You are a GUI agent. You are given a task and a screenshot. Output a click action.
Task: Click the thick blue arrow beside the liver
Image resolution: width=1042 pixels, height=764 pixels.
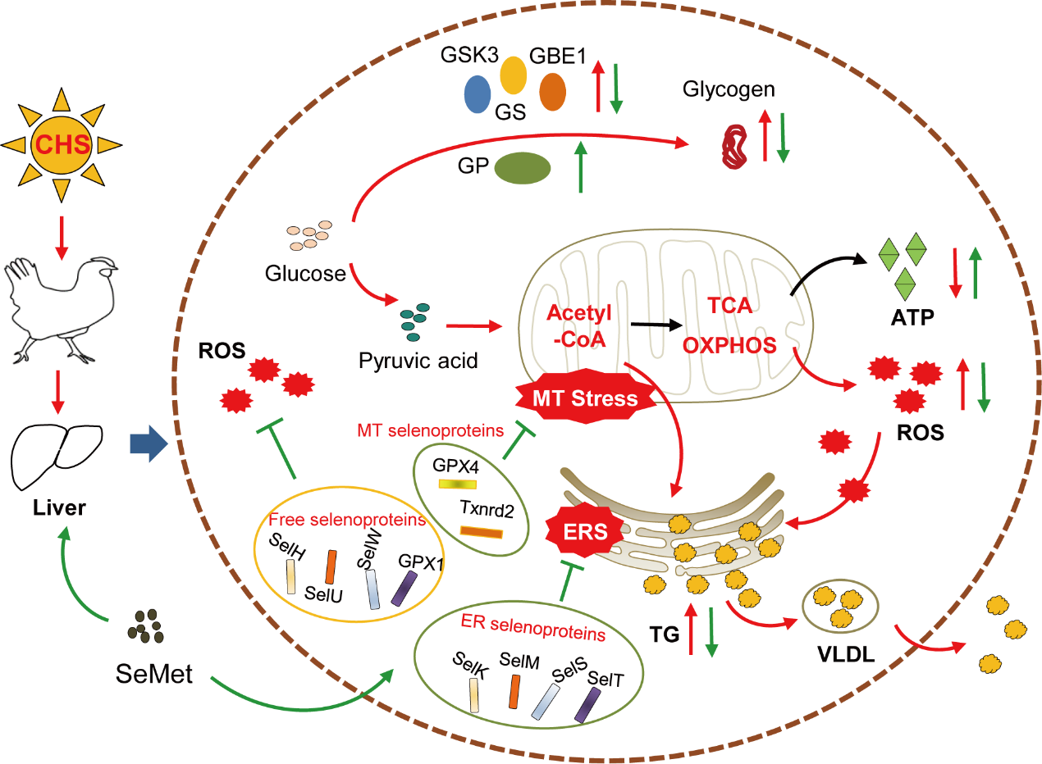click(149, 444)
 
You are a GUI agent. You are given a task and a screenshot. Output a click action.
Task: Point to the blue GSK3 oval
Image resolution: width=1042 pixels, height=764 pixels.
click(477, 93)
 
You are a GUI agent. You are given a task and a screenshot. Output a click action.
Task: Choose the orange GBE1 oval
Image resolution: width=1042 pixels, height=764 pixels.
click(552, 91)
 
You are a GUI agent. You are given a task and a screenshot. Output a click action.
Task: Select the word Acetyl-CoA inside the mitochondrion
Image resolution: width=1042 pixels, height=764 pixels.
click(575, 325)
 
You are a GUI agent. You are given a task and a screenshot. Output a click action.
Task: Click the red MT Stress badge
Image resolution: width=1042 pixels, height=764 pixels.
click(585, 399)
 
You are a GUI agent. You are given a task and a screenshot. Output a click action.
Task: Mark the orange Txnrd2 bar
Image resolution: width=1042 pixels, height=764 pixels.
click(482, 533)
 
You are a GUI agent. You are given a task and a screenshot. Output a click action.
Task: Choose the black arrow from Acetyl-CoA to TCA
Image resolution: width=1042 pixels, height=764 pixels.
click(661, 325)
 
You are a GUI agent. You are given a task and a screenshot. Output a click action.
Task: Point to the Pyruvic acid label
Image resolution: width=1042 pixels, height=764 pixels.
click(418, 360)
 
